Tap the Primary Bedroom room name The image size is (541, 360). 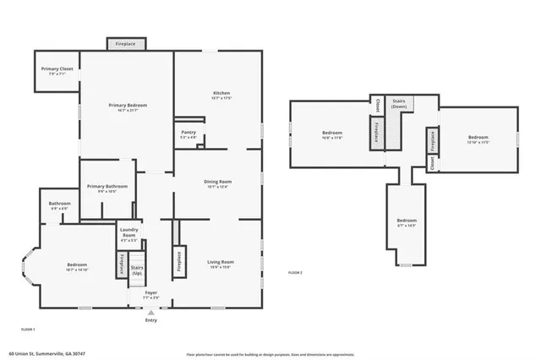(128, 105)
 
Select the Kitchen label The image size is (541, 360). (221, 93)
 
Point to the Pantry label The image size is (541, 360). (189, 132)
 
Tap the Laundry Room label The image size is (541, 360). (128, 231)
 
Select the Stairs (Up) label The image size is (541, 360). (136, 270)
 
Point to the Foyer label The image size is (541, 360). (150, 292)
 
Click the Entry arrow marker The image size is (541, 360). (151, 312)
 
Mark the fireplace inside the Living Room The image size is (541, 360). (179, 259)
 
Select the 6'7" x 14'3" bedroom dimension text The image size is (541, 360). (407, 226)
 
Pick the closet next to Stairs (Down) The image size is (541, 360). (377, 106)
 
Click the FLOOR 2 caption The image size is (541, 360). (295, 272)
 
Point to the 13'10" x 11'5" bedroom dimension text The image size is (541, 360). (478, 142)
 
